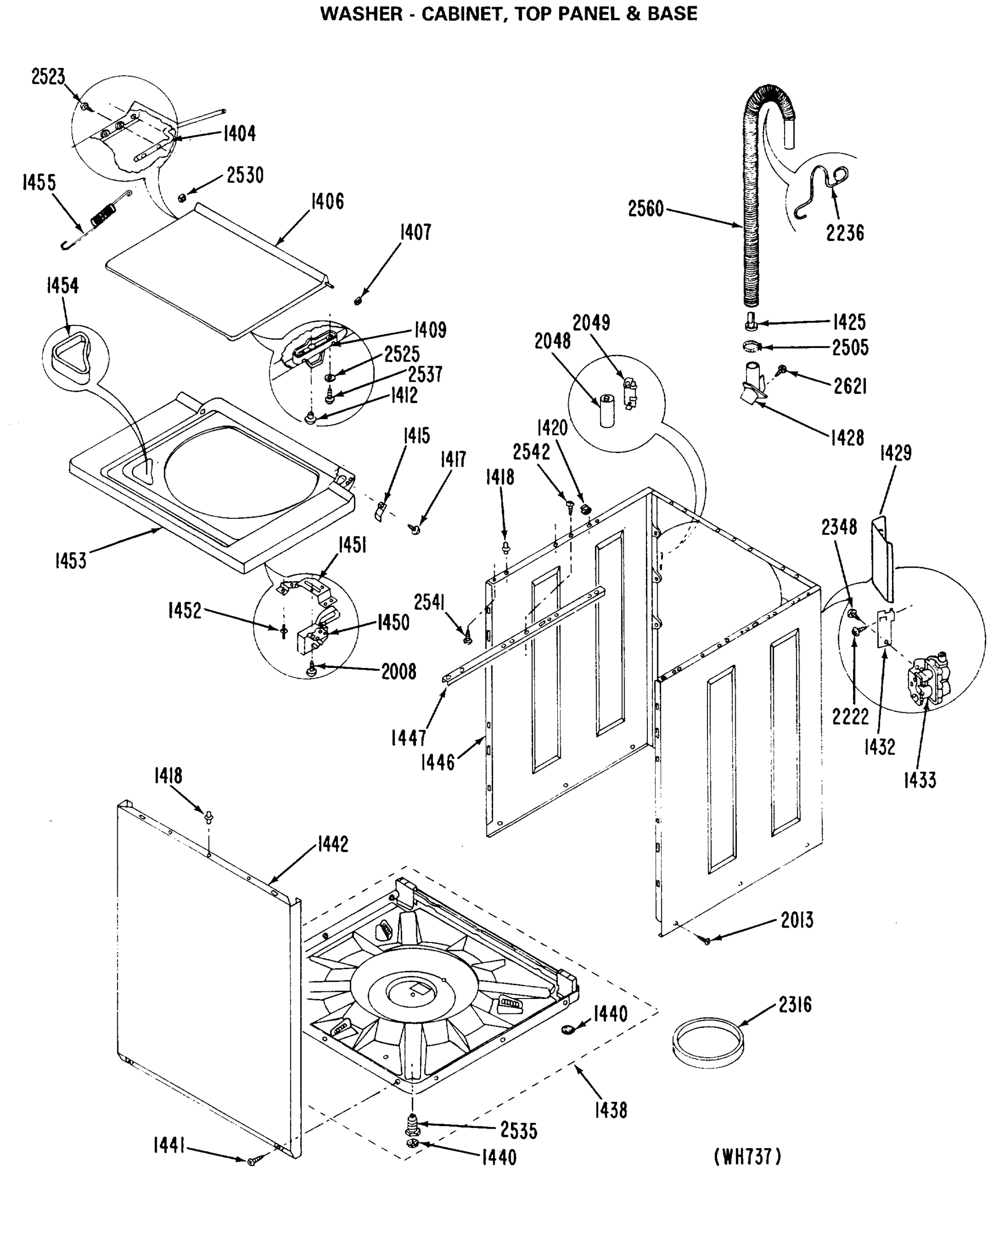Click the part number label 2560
(x=646, y=209)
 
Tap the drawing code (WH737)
(x=748, y=1156)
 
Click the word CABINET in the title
(x=464, y=13)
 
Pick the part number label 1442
(x=333, y=844)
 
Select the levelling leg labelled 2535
(x=411, y=1124)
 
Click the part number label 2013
(x=797, y=920)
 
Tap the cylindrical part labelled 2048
(x=607, y=410)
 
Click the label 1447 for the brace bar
(x=409, y=738)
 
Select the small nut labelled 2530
(x=181, y=197)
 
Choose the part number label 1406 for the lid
(x=328, y=202)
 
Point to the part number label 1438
(x=611, y=1110)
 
